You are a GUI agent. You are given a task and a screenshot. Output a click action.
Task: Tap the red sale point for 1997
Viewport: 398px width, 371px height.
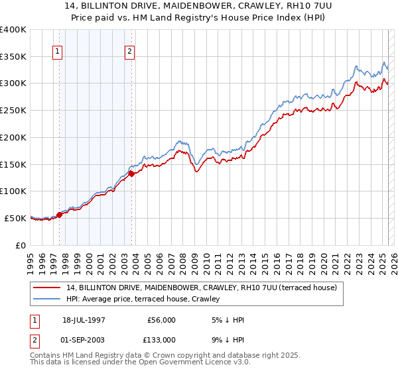[x=59, y=214]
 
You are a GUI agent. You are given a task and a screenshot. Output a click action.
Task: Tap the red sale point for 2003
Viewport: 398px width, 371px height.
[x=131, y=173]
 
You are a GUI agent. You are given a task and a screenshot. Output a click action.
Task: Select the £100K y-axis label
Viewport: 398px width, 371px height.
[x=14, y=191]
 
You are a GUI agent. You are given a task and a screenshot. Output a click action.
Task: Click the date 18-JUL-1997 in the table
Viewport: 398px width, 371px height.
[x=84, y=320]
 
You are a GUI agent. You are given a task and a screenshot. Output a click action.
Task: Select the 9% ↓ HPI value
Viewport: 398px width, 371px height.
[x=228, y=340]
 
